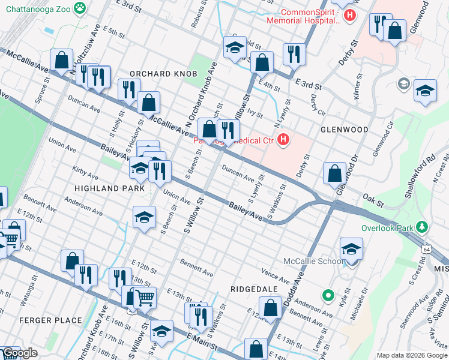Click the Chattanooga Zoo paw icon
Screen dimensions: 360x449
coord(79,8)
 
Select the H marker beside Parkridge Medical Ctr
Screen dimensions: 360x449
coord(283,141)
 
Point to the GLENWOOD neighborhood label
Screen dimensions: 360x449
coord(344,129)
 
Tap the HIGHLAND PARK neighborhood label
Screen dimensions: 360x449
coord(109,188)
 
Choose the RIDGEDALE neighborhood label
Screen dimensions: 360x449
coord(254,289)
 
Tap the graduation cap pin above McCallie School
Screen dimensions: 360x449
coord(351,248)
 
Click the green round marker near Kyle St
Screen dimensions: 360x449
coord(328,295)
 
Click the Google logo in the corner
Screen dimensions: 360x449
coord(20,353)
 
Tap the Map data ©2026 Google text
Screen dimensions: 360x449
coord(412,355)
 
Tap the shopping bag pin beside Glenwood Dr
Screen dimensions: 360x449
coord(334,173)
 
